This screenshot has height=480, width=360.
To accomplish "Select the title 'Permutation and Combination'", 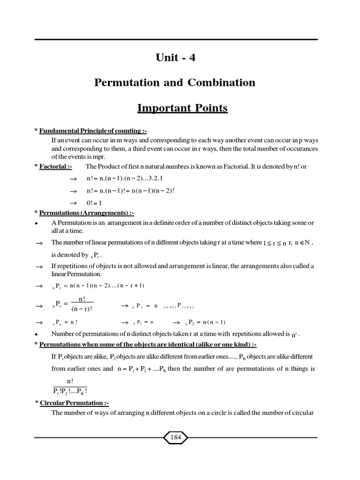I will tap(175, 83).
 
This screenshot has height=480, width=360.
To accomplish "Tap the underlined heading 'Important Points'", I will tap(182, 108).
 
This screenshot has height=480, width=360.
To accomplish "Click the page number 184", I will tap(175, 437).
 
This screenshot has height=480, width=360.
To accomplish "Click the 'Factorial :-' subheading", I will tap(55, 166).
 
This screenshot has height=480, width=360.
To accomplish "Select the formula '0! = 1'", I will tap(94, 203).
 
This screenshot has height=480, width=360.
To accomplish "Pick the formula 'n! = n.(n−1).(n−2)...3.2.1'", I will tap(124, 179).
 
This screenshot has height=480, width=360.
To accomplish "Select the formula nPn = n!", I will tap(65, 322).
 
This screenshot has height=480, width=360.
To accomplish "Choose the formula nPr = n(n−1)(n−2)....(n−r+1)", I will tap(98, 285).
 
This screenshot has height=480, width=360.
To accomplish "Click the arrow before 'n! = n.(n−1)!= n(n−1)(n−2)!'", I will tap(73, 192).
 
